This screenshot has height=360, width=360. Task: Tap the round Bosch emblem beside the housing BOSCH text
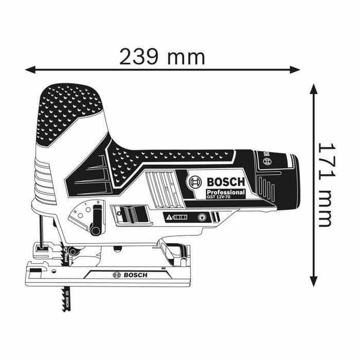[195, 182]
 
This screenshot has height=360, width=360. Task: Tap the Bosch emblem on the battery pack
[267, 160]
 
